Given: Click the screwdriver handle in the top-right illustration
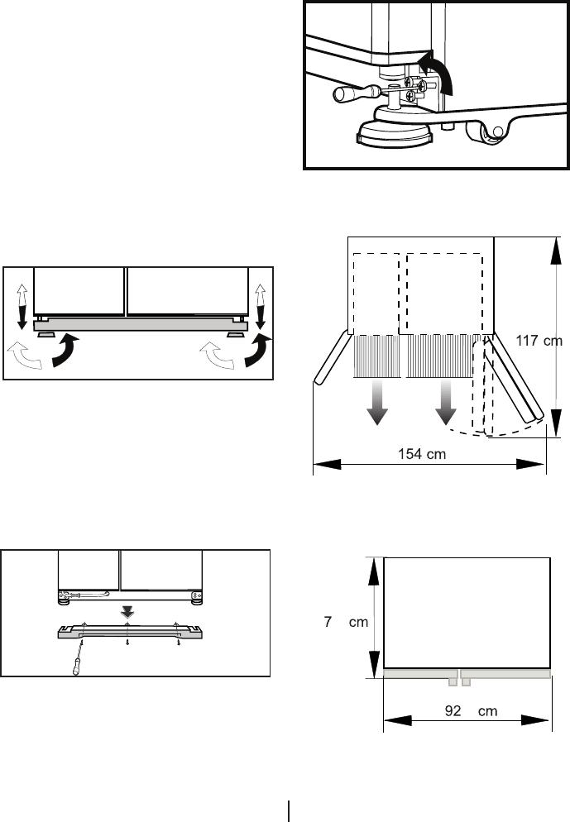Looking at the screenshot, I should pos(346,95).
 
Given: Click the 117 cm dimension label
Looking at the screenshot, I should pos(539,339).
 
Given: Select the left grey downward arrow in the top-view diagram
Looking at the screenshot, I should pos(377,404).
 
